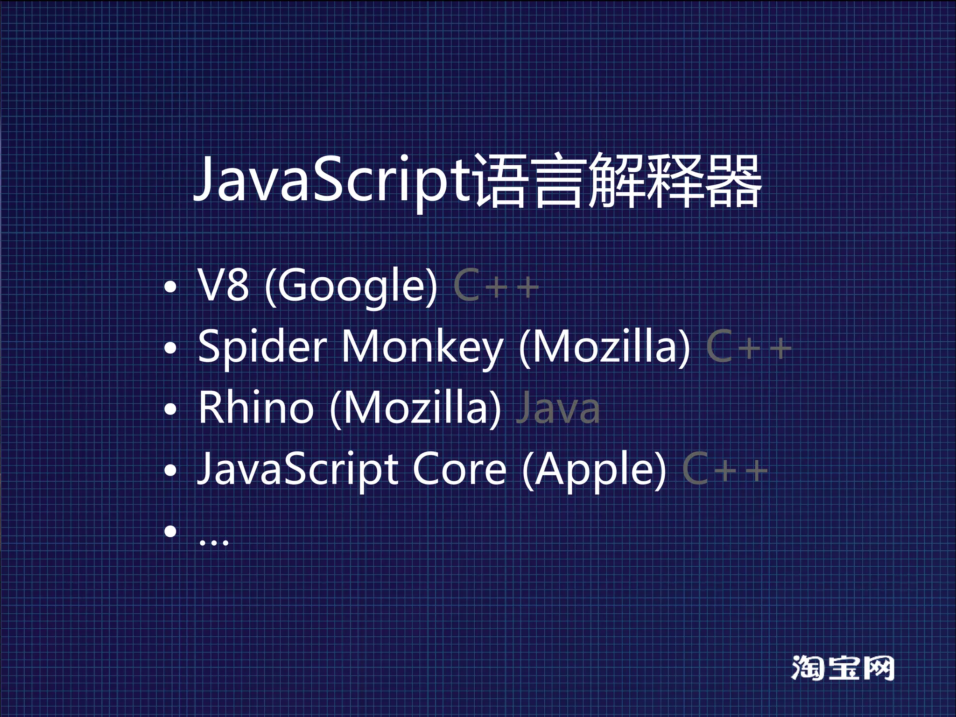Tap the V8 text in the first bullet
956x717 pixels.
point(223,284)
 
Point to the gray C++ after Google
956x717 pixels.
point(496,285)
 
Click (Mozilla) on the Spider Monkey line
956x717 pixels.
point(604,347)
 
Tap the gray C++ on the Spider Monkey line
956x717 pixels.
point(749,347)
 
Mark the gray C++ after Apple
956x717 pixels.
point(725,469)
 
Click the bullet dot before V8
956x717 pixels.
point(171,287)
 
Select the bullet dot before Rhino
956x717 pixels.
point(171,409)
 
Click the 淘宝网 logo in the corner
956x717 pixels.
point(843,668)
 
